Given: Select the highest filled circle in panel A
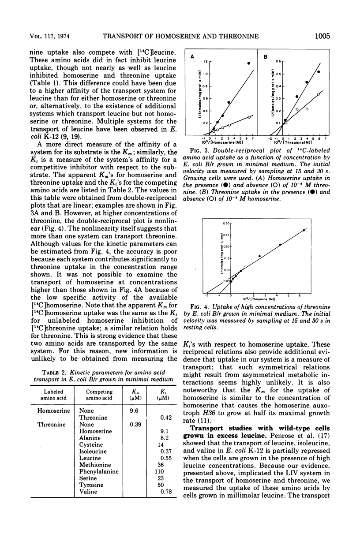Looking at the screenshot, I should pos(248,63).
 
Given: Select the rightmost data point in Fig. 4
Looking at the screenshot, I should pos(304,230).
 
